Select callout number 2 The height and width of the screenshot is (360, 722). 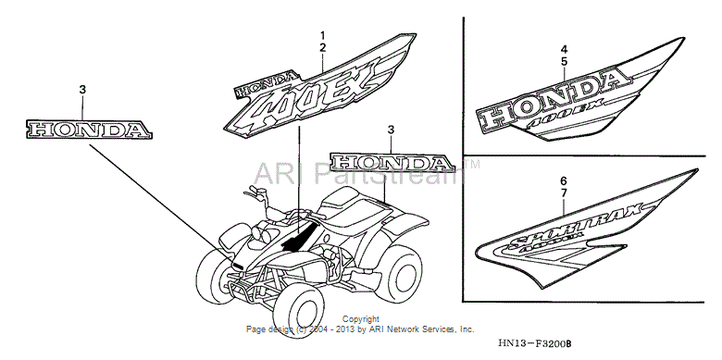pyautogui.click(x=322, y=46)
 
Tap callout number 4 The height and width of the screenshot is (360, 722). pyautogui.click(x=563, y=48)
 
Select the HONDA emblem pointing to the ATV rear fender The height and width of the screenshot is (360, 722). pyautogui.click(x=392, y=163)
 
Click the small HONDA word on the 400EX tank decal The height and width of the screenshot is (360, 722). pyautogui.click(x=268, y=84)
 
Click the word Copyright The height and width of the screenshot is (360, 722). pyautogui.click(x=360, y=319)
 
